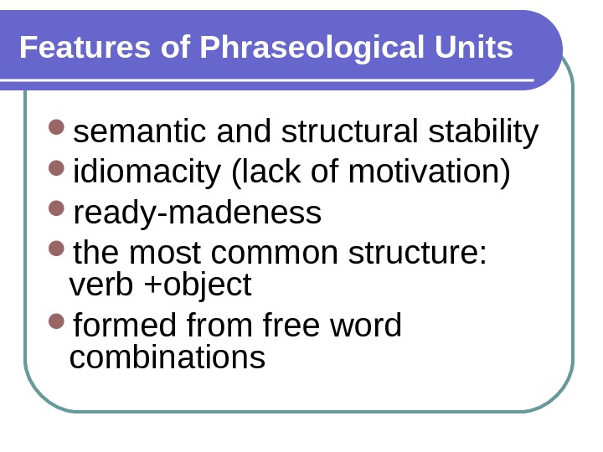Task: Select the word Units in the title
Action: [x=473, y=48]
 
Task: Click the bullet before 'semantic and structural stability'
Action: [x=57, y=130]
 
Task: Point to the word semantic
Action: [x=141, y=132]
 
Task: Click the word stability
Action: [x=483, y=132]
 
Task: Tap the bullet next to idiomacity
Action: [x=57, y=170]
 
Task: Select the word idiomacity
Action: [x=147, y=173]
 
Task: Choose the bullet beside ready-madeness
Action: [x=57, y=210]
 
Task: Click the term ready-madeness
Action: [x=198, y=213]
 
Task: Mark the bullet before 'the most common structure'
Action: [x=57, y=249]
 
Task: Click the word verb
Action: [x=101, y=285]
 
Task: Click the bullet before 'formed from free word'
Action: [x=57, y=322]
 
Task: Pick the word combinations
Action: [x=167, y=358]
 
